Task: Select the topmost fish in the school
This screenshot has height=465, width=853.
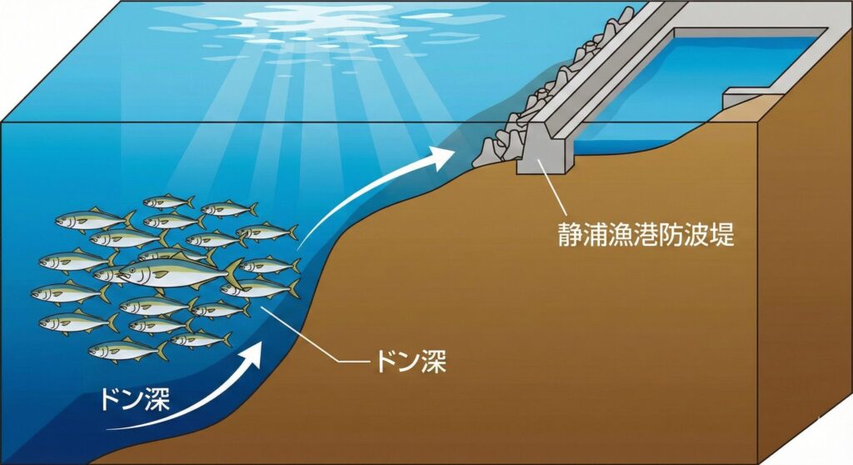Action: (167, 202)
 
